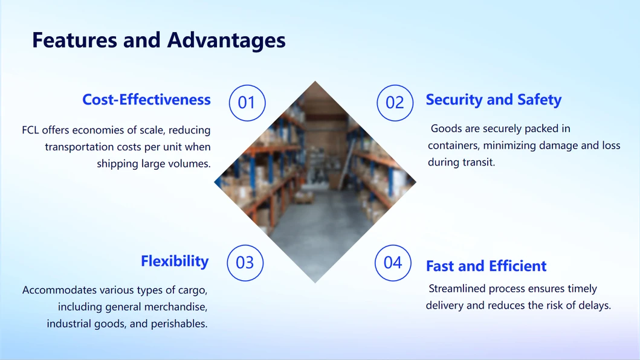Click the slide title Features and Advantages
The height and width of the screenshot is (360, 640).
coord(158,40)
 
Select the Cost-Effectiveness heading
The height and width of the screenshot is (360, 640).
coord(146,100)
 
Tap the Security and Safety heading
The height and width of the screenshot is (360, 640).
coord(493,100)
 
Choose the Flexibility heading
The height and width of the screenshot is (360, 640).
coord(175,261)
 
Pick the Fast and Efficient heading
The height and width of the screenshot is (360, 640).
coord(486,266)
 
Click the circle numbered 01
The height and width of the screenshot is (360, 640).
coord(247,103)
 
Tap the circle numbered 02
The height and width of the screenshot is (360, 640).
coord(395,103)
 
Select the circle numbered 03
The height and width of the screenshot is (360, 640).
coord(245,263)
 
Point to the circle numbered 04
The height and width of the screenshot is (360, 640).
coord(393,263)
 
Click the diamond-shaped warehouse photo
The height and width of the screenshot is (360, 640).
coord(315,181)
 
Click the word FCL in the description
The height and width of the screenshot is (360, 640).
coord(30,130)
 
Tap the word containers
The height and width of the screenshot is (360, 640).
coord(455,146)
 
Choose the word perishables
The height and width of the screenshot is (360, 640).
coord(179,324)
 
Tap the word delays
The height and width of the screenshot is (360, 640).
coord(593,306)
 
